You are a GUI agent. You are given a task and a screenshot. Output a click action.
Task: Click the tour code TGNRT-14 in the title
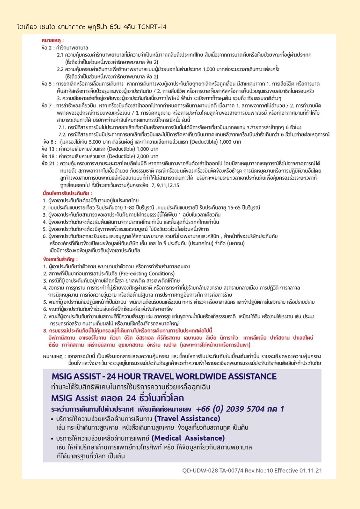[152, 27]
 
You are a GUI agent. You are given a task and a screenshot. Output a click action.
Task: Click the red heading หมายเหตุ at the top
[53, 41]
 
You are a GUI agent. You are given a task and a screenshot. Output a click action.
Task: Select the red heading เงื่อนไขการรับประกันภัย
[67, 193]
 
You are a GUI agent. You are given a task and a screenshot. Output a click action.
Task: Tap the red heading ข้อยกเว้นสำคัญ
[60, 259]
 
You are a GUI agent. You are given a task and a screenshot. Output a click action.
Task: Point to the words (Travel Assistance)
[187, 419]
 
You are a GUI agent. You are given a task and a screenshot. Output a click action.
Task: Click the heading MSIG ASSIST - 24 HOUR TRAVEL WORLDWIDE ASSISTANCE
[164, 377]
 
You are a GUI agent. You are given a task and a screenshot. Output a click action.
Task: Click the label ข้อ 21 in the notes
[48, 164]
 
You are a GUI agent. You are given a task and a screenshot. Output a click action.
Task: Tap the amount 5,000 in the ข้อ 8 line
[94, 142]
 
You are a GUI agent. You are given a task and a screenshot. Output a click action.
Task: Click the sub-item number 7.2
[62, 135]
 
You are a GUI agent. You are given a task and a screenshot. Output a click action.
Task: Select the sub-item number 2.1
[60, 55]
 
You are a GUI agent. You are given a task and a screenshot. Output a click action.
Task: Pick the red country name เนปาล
[170, 345]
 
